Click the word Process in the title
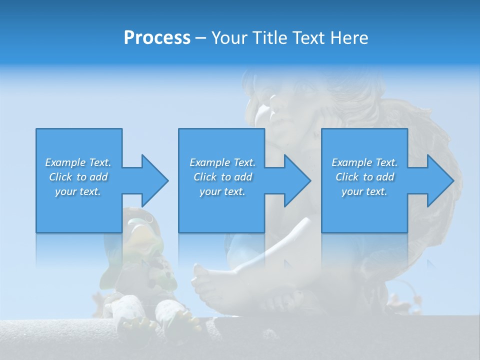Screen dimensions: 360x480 tap(157, 38)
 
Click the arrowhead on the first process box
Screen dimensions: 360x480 tap(154, 180)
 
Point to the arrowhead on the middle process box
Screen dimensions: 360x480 tap(297, 180)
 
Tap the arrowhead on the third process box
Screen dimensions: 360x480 tap(440, 180)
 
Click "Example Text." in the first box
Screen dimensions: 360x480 tap(78, 162)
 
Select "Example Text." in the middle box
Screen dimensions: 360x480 tap(222, 162)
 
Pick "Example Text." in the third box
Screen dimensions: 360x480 tap(364, 162)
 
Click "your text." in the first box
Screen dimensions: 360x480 tap(78, 191)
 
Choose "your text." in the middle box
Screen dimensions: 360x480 tap(222, 191)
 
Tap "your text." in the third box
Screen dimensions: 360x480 tap(364, 191)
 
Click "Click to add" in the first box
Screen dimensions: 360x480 tap(78, 177)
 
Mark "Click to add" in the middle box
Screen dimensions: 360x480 tap(222, 177)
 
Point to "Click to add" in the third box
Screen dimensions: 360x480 tap(364, 177)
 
